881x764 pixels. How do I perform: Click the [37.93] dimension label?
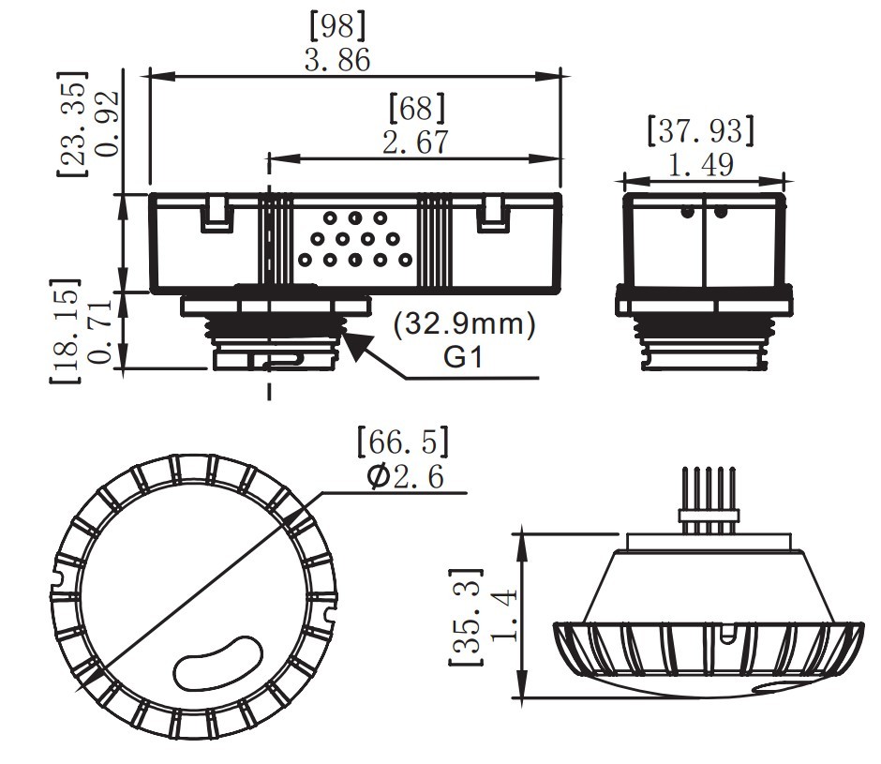coord(701,130)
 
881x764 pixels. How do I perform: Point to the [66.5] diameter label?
coord(403,440)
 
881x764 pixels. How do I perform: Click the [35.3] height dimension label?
coord(465,618)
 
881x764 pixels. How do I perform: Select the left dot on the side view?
coord(687,213)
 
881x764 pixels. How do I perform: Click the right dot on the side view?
coord(720,213)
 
